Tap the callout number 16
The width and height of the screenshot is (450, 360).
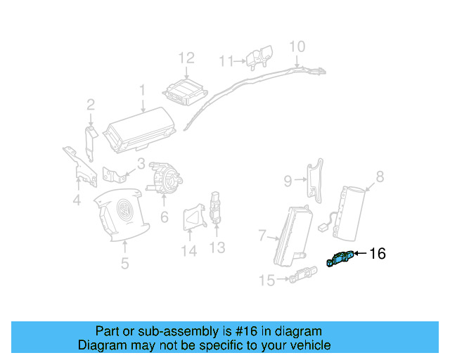click(378, 254)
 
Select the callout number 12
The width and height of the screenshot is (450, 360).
click(186, 58)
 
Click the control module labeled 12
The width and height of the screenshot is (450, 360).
click(183, 92)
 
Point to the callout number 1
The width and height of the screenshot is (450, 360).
click(141, 90)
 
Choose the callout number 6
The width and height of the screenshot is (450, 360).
click(164, 217)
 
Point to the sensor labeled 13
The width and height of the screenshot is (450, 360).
click(216, 209)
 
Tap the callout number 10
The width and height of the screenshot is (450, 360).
click(297, 46)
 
